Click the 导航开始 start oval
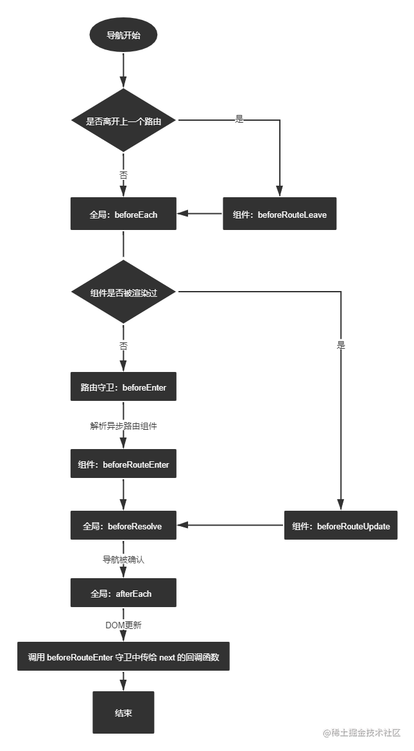click(x=123, y=35)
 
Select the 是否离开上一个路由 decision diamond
click(x=123, y=121)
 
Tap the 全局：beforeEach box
click(x=123, y=214)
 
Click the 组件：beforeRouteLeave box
click(x=279, y=214)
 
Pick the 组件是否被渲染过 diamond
click(x=123, y=292)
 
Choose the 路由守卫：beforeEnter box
click(x=123, y=387)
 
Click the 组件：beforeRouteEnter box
click(x=123, y=464)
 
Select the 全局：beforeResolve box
click(x=123, y=526)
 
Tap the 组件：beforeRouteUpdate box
click(x=341, y=526)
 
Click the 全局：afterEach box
click(x=123, y=593)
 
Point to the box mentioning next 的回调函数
click(x=123, y=657)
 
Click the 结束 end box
click(x=123, y=712)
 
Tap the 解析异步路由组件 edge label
click(x=123, y=426)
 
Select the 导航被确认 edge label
click(x=123, y=560)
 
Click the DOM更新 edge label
click(x=123, y=625)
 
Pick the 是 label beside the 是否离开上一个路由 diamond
click(x=239, y=119)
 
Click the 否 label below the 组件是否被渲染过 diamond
click(x=123, y=346)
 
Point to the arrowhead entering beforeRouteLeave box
click(x=279, y=191)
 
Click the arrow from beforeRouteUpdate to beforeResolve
click(x=230, y=526)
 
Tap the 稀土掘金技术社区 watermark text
click(x=361, y=733)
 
